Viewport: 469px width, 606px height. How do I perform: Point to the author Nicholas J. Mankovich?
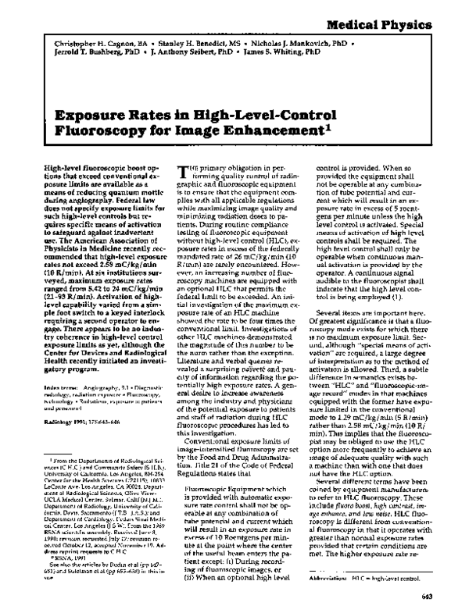308,37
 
